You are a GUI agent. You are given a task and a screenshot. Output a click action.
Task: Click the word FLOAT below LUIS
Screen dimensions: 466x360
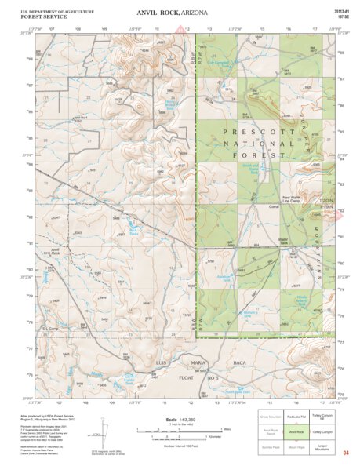163,377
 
